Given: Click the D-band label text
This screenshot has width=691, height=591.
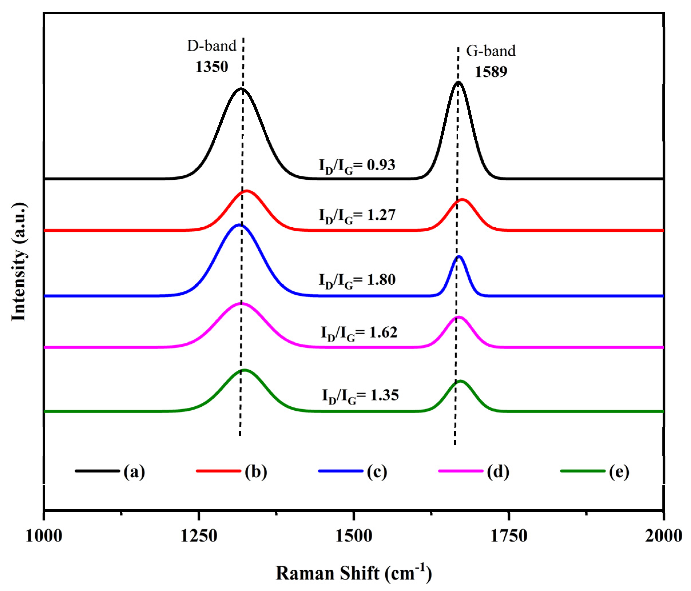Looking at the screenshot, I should click(x=212, y=46).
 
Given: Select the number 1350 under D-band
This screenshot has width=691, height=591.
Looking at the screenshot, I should click(x=212, y=67).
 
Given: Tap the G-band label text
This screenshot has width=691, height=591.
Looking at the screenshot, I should click(x=490, y=51).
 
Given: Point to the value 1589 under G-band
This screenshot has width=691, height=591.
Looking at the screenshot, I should click(x=491, y=72).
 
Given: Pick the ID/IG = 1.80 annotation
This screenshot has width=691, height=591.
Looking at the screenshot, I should click(x=357, y=280).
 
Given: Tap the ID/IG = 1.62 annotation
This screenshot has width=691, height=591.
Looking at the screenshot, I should click(x=359, y=333).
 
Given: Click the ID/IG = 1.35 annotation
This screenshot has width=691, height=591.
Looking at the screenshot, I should click(x=360, y=396).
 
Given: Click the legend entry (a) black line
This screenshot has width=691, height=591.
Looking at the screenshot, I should click(x=110, y=471).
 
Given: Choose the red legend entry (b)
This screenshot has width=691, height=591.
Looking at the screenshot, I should click(x=232, y=471).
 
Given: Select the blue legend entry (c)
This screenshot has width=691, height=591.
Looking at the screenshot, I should click(x=353, y=471).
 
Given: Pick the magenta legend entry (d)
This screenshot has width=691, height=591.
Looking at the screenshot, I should click(x=473, y=471).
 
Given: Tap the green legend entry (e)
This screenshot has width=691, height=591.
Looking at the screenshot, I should click(x=595, y=471).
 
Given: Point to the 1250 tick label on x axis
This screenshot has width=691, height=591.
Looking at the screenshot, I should click(x=199, y=536).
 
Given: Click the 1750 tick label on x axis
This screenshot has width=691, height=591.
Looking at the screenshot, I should click(x=509, y=536).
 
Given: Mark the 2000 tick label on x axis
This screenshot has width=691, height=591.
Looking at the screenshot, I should click(x=663, y=536).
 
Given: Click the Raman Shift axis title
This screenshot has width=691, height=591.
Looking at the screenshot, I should click(x=353, y=573).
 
